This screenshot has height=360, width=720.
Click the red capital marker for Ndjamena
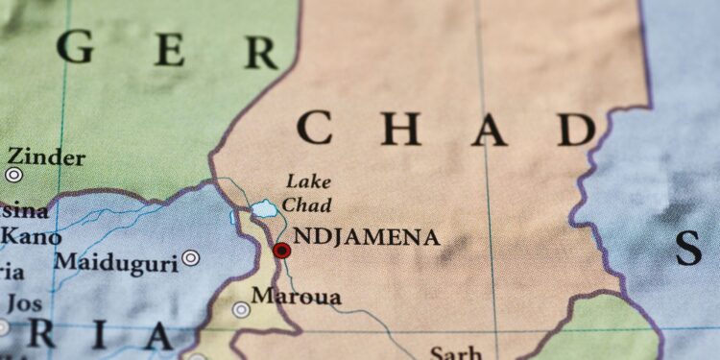[281, 251]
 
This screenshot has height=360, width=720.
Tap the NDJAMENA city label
[366, 237]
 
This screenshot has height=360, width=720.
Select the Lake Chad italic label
[308, 193]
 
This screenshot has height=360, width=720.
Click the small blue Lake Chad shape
[264, 208]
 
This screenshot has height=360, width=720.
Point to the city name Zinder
[47, 156]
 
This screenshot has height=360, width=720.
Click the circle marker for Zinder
[13, 175]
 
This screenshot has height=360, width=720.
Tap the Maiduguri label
[115, 261]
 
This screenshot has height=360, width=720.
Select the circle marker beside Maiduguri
[191, 257]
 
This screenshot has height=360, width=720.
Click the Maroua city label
[296, 297]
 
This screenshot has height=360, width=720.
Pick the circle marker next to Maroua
[241, 309]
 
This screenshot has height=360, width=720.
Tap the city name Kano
[31, 236]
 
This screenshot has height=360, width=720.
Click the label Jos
[25, 303]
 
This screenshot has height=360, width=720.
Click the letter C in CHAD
[314, 128]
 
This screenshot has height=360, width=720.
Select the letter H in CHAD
[400, 128]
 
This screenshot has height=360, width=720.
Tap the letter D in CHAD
[577, 129]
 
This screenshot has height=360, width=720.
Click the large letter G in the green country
[76, 45]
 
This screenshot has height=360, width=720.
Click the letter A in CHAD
[489, 129]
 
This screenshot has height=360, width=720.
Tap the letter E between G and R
[170, 49]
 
